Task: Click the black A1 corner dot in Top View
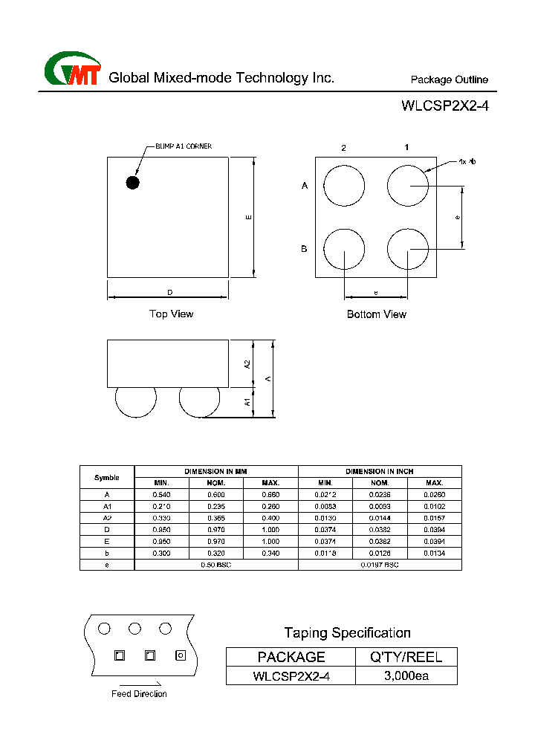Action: [133, 182]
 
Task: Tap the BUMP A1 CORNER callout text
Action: [183, 146]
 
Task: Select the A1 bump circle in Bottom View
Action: [408, 185]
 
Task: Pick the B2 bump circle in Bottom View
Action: [344, 249]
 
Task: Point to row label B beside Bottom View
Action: [304, 249]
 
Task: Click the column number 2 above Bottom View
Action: [343, 148]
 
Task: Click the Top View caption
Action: [171, 314]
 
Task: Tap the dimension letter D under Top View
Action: [169, 293]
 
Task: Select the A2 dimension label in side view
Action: [247, 364]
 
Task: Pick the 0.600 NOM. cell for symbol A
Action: [216, 494]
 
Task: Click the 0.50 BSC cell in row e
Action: [216, 565]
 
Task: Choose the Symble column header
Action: [107, 477]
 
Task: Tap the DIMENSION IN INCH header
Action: [380, 471]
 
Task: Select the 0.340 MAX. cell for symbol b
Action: [270, 554]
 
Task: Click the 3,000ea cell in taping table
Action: [406, 676]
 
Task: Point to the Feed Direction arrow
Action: [138, 684]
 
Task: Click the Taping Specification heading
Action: [347, 633]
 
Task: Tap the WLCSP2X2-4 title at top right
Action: [445, 106]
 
